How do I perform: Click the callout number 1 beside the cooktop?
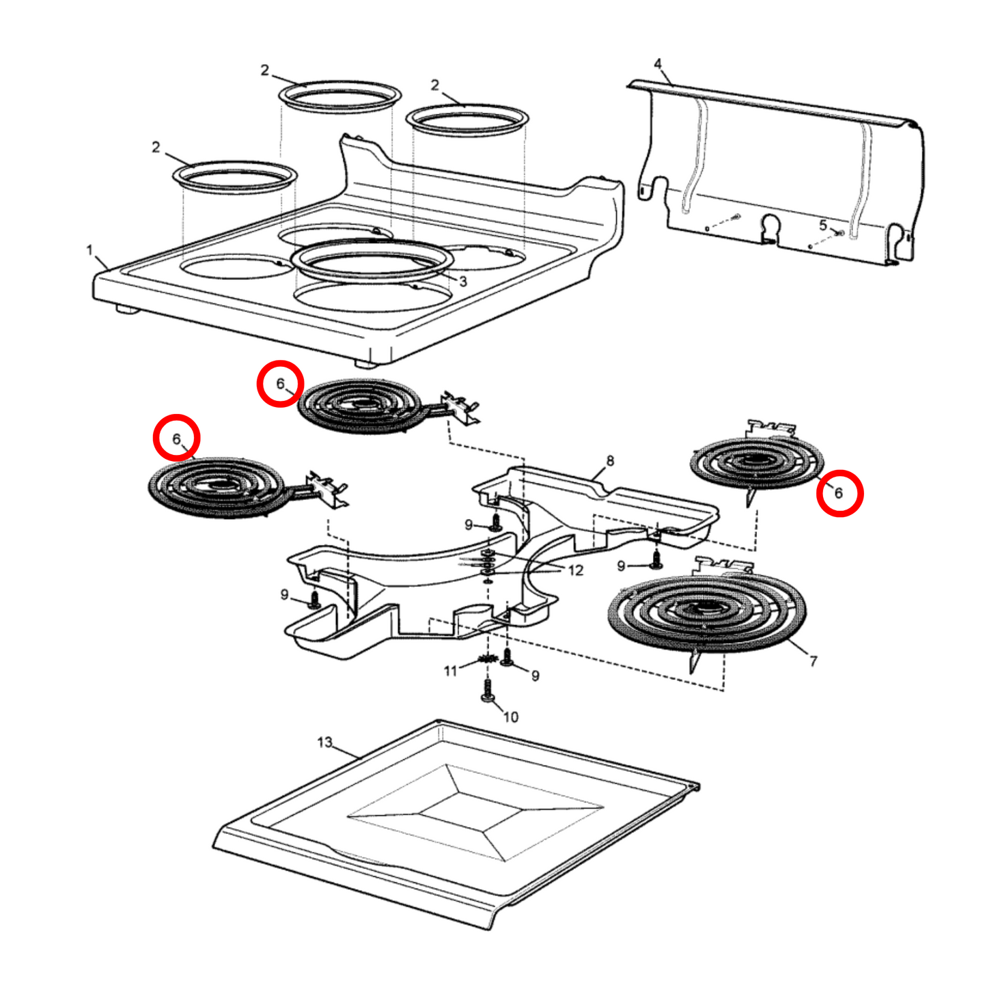click(89, 251)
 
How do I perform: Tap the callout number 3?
click(462, 281)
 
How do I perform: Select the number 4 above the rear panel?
click(657, 64)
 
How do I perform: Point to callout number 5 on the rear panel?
click(823, 225)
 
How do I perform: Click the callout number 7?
click(813, 661)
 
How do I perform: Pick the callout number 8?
click(610, 460)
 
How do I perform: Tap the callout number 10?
click(511, 717)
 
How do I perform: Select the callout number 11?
click(450, 671)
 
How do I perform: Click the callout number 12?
click(575, 570)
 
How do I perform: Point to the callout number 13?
click(324, 742)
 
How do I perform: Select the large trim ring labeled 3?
click(372, 260)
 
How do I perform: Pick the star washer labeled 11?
click(487, 659)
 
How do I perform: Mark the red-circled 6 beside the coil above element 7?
click(839, 493)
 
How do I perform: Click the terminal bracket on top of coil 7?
click(723, 566)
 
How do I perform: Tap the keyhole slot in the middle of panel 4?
click(770, 227)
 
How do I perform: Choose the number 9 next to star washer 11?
click(535, 676)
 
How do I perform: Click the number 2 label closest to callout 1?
click(156, 147)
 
